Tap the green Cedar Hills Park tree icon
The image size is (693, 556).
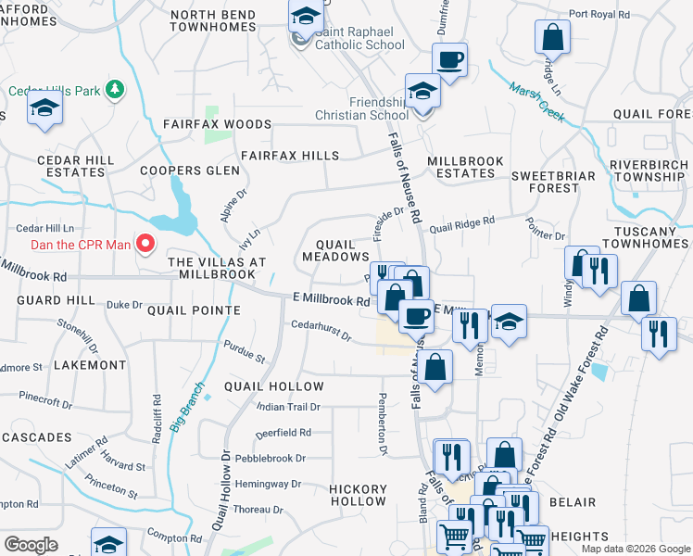click(115, 90)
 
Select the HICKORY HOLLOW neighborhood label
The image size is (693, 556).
click(359, 495)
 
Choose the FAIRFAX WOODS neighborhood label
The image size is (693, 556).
click(217, 124)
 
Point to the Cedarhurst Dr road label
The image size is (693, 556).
click(321, 331)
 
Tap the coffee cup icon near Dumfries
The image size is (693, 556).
click(449, 60)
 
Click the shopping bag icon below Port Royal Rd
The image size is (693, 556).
click(552, 38)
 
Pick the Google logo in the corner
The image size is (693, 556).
click(31, 544)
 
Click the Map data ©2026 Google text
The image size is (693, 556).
click(635, 549)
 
